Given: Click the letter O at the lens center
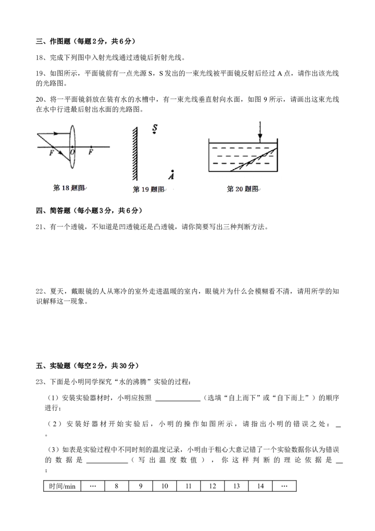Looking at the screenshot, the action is pyautogui.click(x=72, y=152).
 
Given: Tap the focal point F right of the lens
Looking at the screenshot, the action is pyautogui.click(x=91, y=152).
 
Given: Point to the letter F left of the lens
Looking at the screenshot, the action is pyautogui.click(x=52, y=153).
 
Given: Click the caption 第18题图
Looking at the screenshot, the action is pyautogui.click(x=69, y=188).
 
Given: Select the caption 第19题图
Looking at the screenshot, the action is pyautogui.click(x=148, y=189).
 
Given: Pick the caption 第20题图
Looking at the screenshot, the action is pyautogui.click(x=242, y=189).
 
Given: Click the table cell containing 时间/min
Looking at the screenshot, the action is pyautogui.click(x=62, y=486).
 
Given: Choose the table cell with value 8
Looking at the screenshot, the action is pyautogui.click(x=116, y=486).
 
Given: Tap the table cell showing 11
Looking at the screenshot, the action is pyautogui.click(x=188, y=486).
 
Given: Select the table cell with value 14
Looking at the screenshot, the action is pyautogui.click(x=260, y=486).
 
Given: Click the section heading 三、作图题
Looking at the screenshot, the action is pyautogui.click(x=53, y=41).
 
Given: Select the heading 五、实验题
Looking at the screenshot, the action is pyautogui.click(x=53, y=366).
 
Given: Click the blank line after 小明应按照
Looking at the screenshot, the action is pyautogui.click(x=178, y=401).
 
